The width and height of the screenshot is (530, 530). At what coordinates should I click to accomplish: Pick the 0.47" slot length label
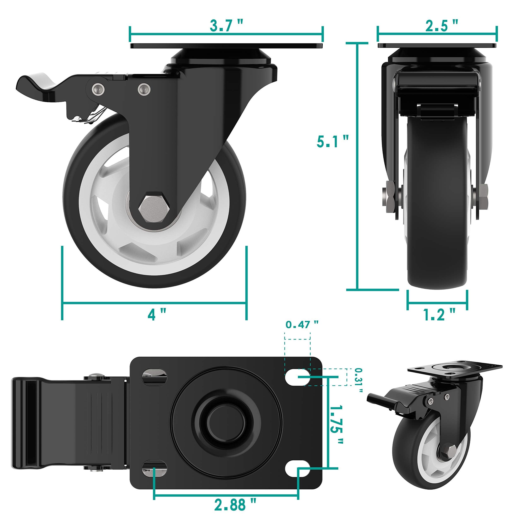302,325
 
